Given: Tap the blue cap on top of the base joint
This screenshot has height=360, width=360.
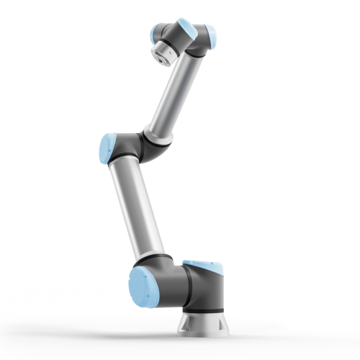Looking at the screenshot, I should (x=202, y=264).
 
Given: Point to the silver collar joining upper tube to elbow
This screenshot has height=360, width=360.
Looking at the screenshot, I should (x=156, y=135).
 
